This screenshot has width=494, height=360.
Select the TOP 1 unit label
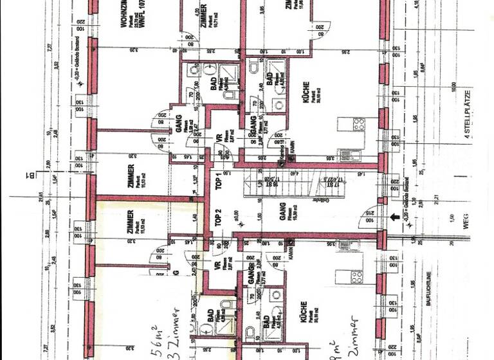click(x=218, y=183)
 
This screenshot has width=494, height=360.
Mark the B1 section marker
click(x=30, y=174)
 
